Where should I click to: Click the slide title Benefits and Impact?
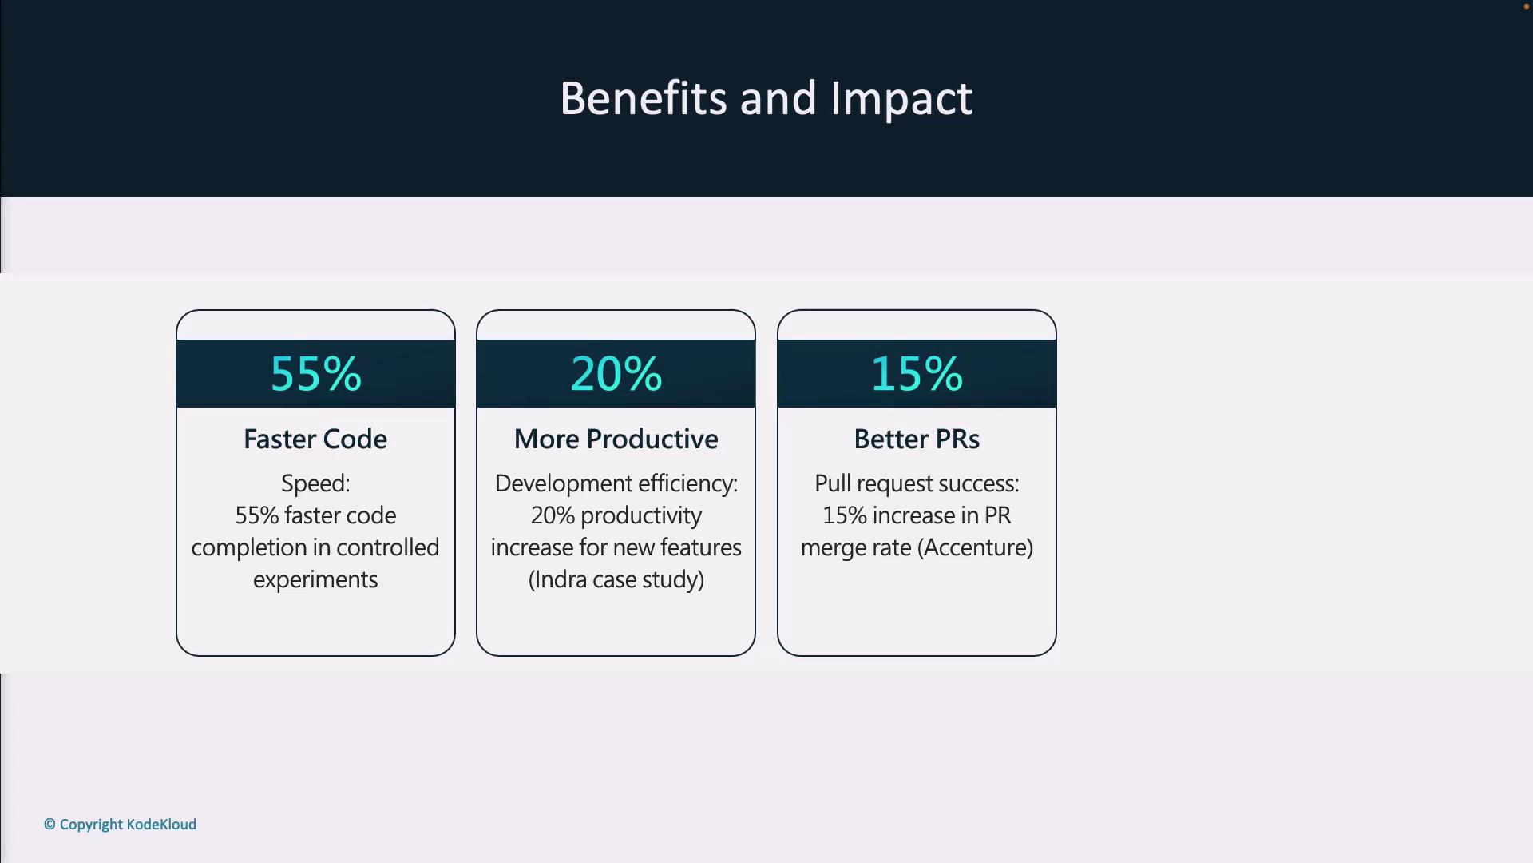coord(766,99)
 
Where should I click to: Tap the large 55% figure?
coord(316,373)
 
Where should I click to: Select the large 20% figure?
coord(616,373)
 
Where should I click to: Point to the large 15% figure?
coord(917,373)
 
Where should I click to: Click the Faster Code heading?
coord(315,439)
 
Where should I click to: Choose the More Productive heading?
coord(616,439)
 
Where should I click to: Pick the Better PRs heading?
coord(917,439)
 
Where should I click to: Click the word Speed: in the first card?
coord(315,484)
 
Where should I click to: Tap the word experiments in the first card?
coord(315,580)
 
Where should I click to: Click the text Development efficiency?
coord(616,484)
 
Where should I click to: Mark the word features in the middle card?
coord(701,547)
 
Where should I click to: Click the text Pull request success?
coord(917,484)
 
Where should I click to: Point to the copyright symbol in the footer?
coord(50,824)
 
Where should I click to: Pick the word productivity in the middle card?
coord(641,516)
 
